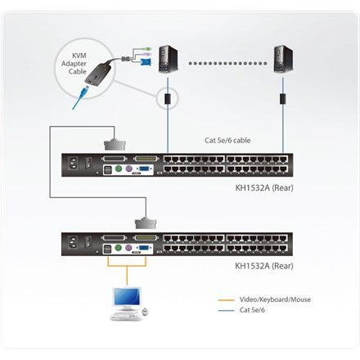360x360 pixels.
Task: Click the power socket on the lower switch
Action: coord(83,243)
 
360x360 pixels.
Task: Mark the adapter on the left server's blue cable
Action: coord(167,97)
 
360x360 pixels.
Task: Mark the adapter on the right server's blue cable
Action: coord(283,97)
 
